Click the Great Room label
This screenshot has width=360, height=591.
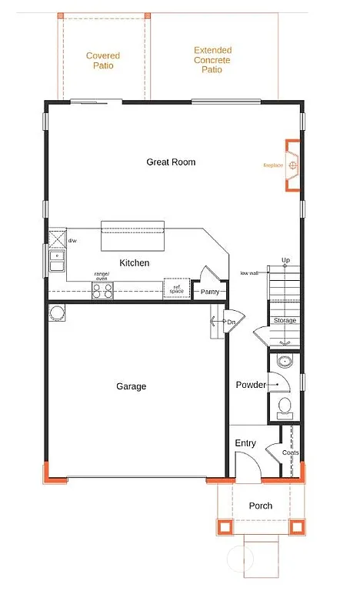click(x=171, y=162)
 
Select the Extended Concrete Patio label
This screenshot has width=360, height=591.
click(x=212, y=60)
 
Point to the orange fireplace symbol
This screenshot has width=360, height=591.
click(x=293, y=165)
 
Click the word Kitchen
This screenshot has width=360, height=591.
click(x=134, y=263)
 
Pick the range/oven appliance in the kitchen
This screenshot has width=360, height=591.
click(x=102, y=290)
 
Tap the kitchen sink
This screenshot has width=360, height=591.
click(x=57, y=262)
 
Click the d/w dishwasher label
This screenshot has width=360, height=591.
click(x=72, y=241)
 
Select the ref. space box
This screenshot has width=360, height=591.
click(x=175, y=289)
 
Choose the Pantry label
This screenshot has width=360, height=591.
click(x=210, y=292)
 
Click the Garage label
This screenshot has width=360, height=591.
click(x=131, y=386)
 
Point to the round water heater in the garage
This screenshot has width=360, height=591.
click(x=56, y=312)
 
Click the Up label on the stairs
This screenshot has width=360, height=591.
click(x=285, y=260)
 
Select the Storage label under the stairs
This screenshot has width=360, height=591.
click(x=285, y=320)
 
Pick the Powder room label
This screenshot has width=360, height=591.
click(x=251, y=385)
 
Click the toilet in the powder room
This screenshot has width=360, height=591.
click(x=284, y=407)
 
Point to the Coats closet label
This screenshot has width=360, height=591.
click(x=290, y=453)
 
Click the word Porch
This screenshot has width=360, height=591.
click(x=261, y=506)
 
